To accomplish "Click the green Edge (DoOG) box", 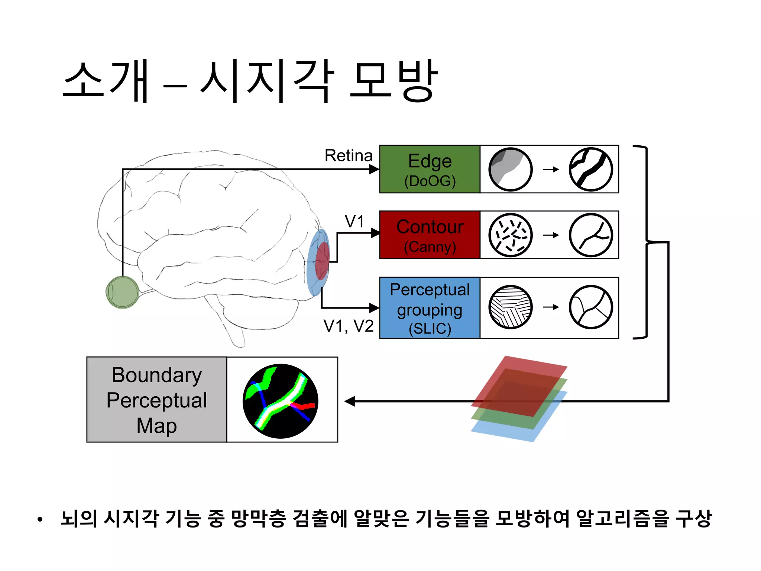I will pos(430,169).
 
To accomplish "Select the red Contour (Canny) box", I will pos(430,235).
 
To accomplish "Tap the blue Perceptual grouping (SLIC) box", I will pos(430,308).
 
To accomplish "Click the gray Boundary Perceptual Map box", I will pos(156,400).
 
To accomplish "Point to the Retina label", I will pos(348,155).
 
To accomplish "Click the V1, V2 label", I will pos(348,326).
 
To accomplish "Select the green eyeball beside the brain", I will pos(122,292).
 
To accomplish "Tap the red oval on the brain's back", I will pos(322,261).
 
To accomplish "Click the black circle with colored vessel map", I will pos(281,401).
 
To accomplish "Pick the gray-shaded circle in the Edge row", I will pos(510,170).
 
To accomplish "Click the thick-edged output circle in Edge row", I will pos(591,170).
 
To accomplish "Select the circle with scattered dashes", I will pos(510,235).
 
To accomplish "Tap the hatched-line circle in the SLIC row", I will pos(510,307).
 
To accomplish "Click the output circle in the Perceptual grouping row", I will pos(591,307).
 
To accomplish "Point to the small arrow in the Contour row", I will pos(551,235).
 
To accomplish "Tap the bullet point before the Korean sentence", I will pos(40,519).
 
